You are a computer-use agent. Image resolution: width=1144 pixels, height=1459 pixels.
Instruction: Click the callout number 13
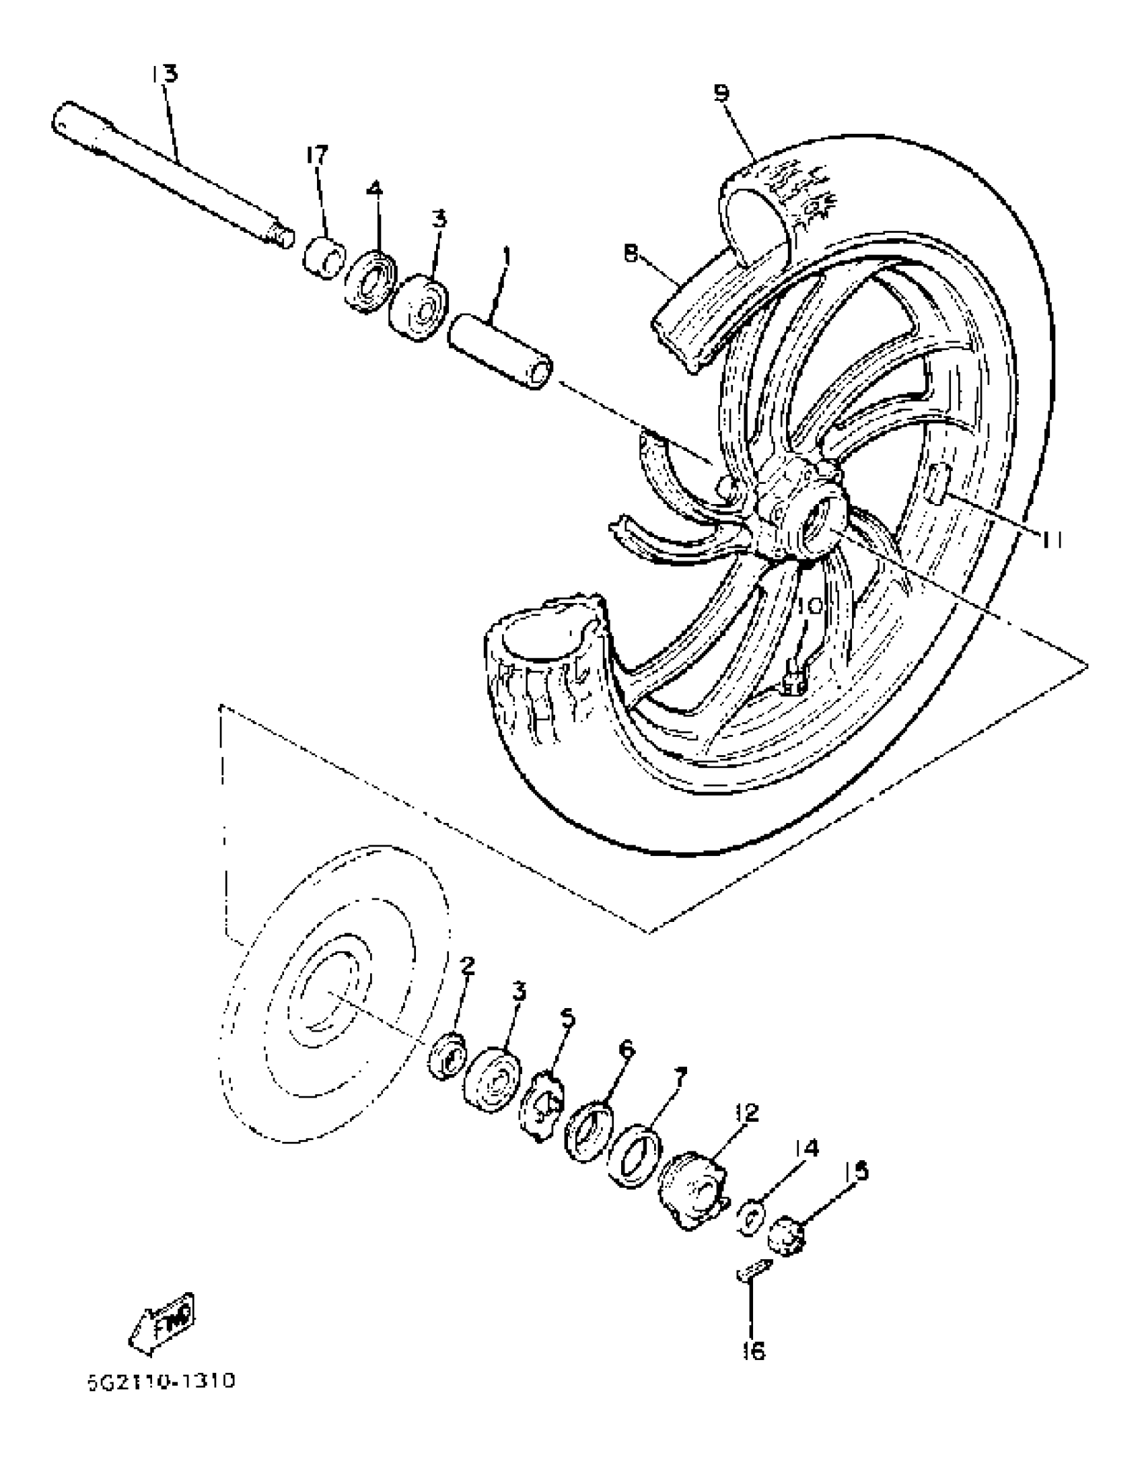[x=164, y=73]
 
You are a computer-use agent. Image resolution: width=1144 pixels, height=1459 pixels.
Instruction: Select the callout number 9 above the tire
[x=721, y=93]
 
